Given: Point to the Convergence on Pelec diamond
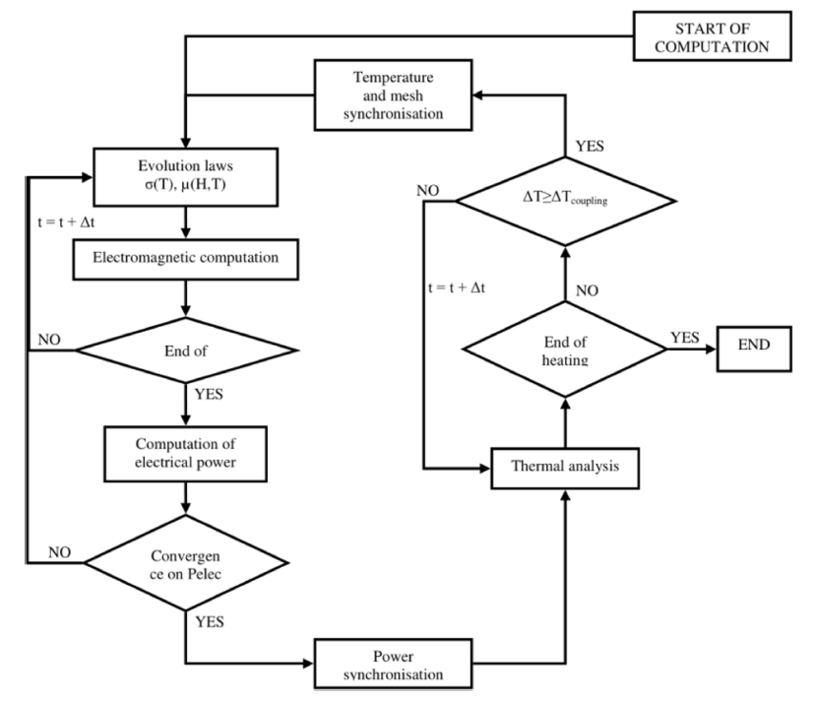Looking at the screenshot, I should pos(185,562).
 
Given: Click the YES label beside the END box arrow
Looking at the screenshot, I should pos(685,337).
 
